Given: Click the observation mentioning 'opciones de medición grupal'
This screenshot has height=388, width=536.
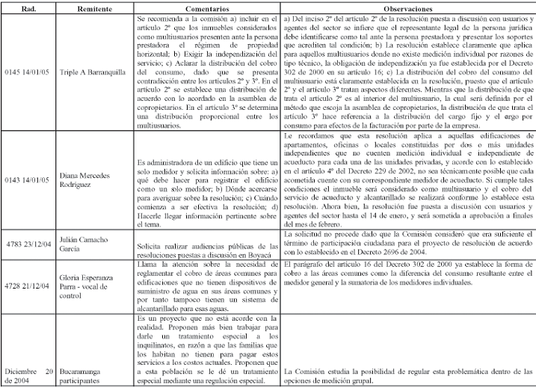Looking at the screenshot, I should (x=407, y=376).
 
